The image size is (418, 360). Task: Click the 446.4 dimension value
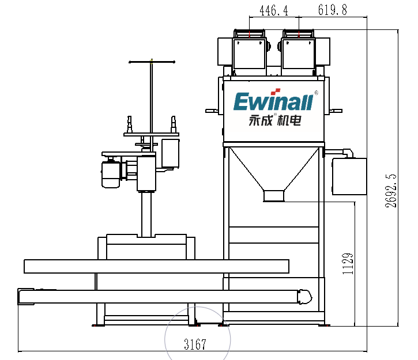pyautogui.click(x=274, y=10)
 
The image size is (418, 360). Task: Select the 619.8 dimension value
pyautogui.click(x=333, y=10)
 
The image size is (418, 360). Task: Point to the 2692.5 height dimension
pyautogui.click(x=391, y=191)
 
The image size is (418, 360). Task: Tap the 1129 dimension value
pyautogui.click(x=348, y=264)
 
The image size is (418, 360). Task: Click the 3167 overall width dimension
pyautogui.click(x=195, y=344)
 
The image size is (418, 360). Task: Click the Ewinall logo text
pyautogui.click(x=273, y=101)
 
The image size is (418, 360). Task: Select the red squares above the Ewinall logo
pyautogui.click(x=276, y=92)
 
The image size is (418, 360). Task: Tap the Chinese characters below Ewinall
pyautogui.click(x=275, y=120)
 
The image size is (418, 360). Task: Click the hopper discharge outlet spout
pyautogui.click(x=273, y=196)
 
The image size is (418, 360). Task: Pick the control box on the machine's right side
pyautogui.click(x=349, y=176)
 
